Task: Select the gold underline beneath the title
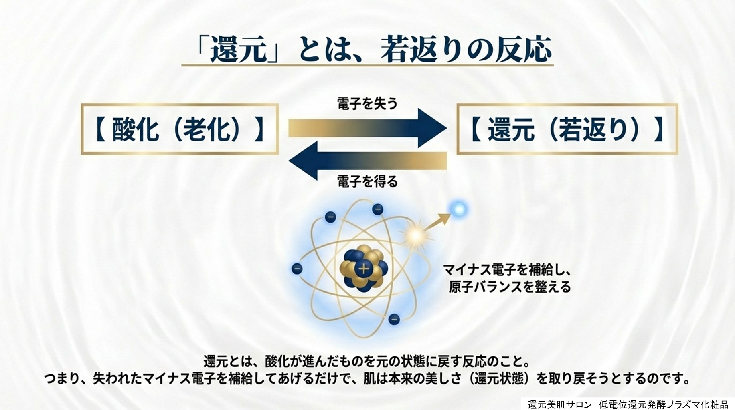(x=367, y=65)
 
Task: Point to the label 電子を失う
(x=367, y=104)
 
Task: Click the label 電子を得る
(x=367, y=182)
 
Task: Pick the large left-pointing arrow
(x=368, y=161)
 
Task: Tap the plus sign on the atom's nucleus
(x=364, y=268)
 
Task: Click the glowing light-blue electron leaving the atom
(x=458, y=209)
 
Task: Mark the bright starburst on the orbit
(x=415, y=235)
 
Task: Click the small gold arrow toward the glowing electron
(x=437, y=222)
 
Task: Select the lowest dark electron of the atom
(x=394, y=320)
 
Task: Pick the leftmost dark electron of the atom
(x=297, y=269)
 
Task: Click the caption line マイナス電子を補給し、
(x=507, y=270)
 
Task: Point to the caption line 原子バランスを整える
(x=510, y=287)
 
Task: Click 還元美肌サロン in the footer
(x=559, y=404)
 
